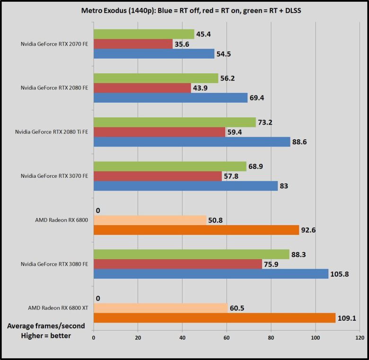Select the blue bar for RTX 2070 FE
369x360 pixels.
click(154, 54)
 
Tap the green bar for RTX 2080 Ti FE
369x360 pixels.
click(175, 122)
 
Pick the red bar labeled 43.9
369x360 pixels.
click(142, 88)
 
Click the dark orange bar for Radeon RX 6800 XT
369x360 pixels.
click(214, 318)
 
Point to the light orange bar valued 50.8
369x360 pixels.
click(150, 220)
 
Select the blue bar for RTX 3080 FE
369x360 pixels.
click(211, 274)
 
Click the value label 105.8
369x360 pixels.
click(340, 274)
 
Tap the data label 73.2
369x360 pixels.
click(265, 122)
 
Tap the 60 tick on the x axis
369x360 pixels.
click(227, 338)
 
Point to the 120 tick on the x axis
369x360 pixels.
click(360, 338)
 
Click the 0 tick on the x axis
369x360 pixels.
click(94, 338)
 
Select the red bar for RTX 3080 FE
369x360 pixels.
click(178, 264)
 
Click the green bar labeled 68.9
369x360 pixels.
click(170, 166)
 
